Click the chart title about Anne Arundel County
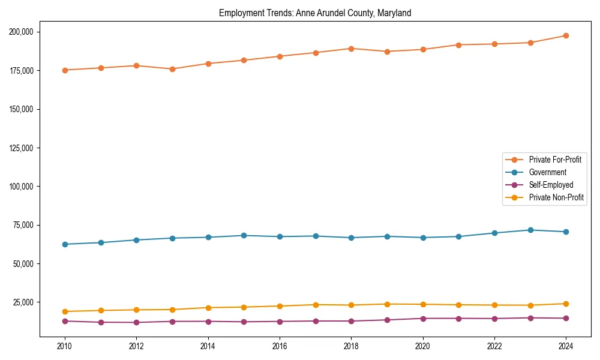pyautogui.click(x=315, y=13)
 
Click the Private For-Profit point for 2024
pyautogui.click(x=566, y=35)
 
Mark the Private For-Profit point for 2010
pyautogui.click(x=65, y=70)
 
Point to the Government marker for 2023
pyautogui.click(x=530, y=230)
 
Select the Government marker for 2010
pyautogui.click(x=65, y=244)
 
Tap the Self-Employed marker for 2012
pyautogui.click(x=136, y=323)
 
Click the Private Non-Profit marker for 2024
pyautogui.click(x=566, y=304)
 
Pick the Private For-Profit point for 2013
pyautogui.click(x=172, y=69)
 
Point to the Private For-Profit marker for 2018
pyautogui.click(x=351, y=49)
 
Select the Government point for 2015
pyautogui.click(x=244, y=235)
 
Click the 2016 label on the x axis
pyautogui.click(x=280, y=346)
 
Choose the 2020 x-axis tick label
pyautogui.click(x=422, y=346)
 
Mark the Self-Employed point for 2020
pyautogui.click(x=422, y=319)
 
